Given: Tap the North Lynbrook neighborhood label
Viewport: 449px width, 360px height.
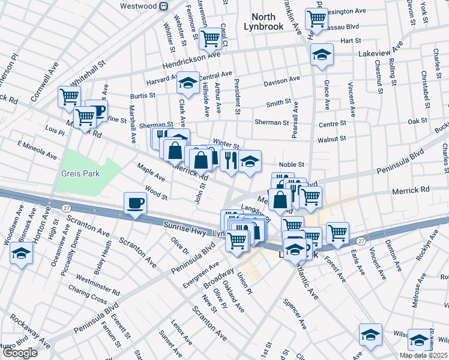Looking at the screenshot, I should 263,22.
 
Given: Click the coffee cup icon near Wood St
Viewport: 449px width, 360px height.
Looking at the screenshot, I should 135,202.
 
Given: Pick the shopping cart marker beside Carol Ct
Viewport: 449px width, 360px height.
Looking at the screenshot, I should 209,38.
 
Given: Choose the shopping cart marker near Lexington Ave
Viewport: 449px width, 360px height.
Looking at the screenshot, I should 316,18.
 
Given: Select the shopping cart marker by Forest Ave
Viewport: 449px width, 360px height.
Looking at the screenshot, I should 338,232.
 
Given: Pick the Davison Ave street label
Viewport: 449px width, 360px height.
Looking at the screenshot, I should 280,80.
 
